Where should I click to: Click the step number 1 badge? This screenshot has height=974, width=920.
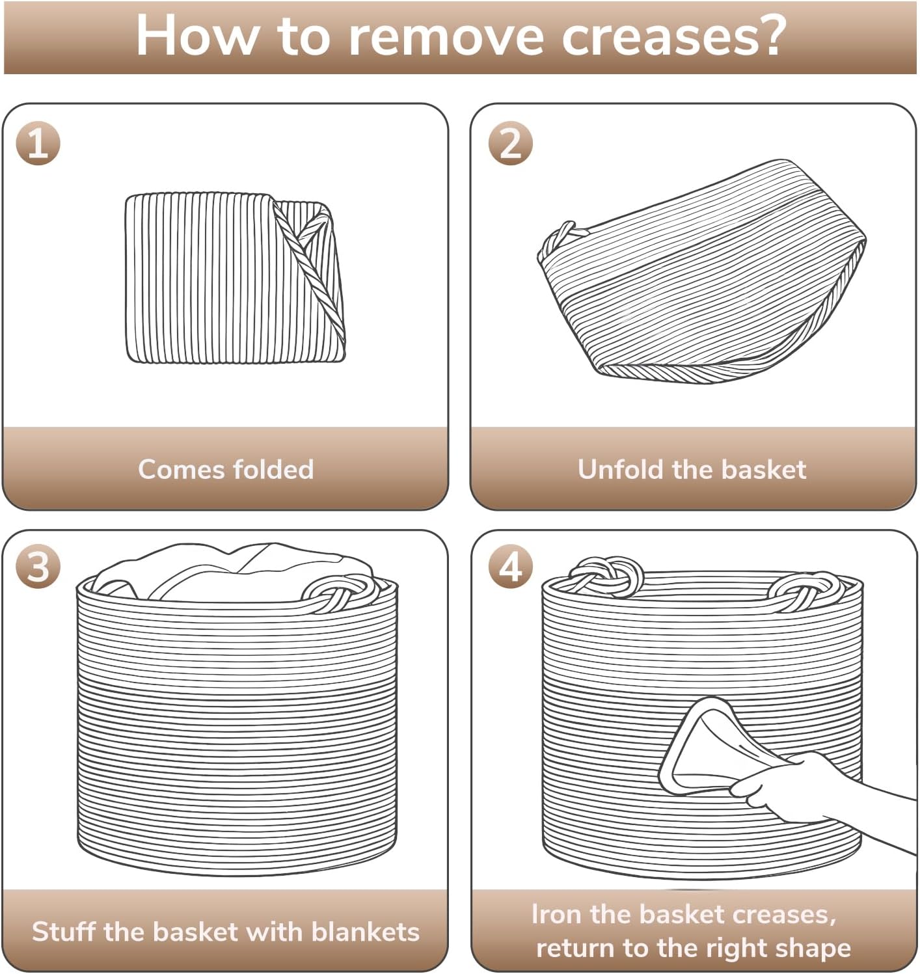tap(38, 143)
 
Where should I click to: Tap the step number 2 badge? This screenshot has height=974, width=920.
tap(510, 143)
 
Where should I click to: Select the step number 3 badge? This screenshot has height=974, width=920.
tap(38, 567)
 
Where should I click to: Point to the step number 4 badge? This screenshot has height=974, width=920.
tap(510, 567)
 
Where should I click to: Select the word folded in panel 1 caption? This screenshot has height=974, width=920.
tap(273, 469)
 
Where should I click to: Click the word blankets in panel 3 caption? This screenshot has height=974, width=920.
tap(366, 932)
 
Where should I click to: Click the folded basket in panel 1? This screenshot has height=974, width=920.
tap(236, 278)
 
